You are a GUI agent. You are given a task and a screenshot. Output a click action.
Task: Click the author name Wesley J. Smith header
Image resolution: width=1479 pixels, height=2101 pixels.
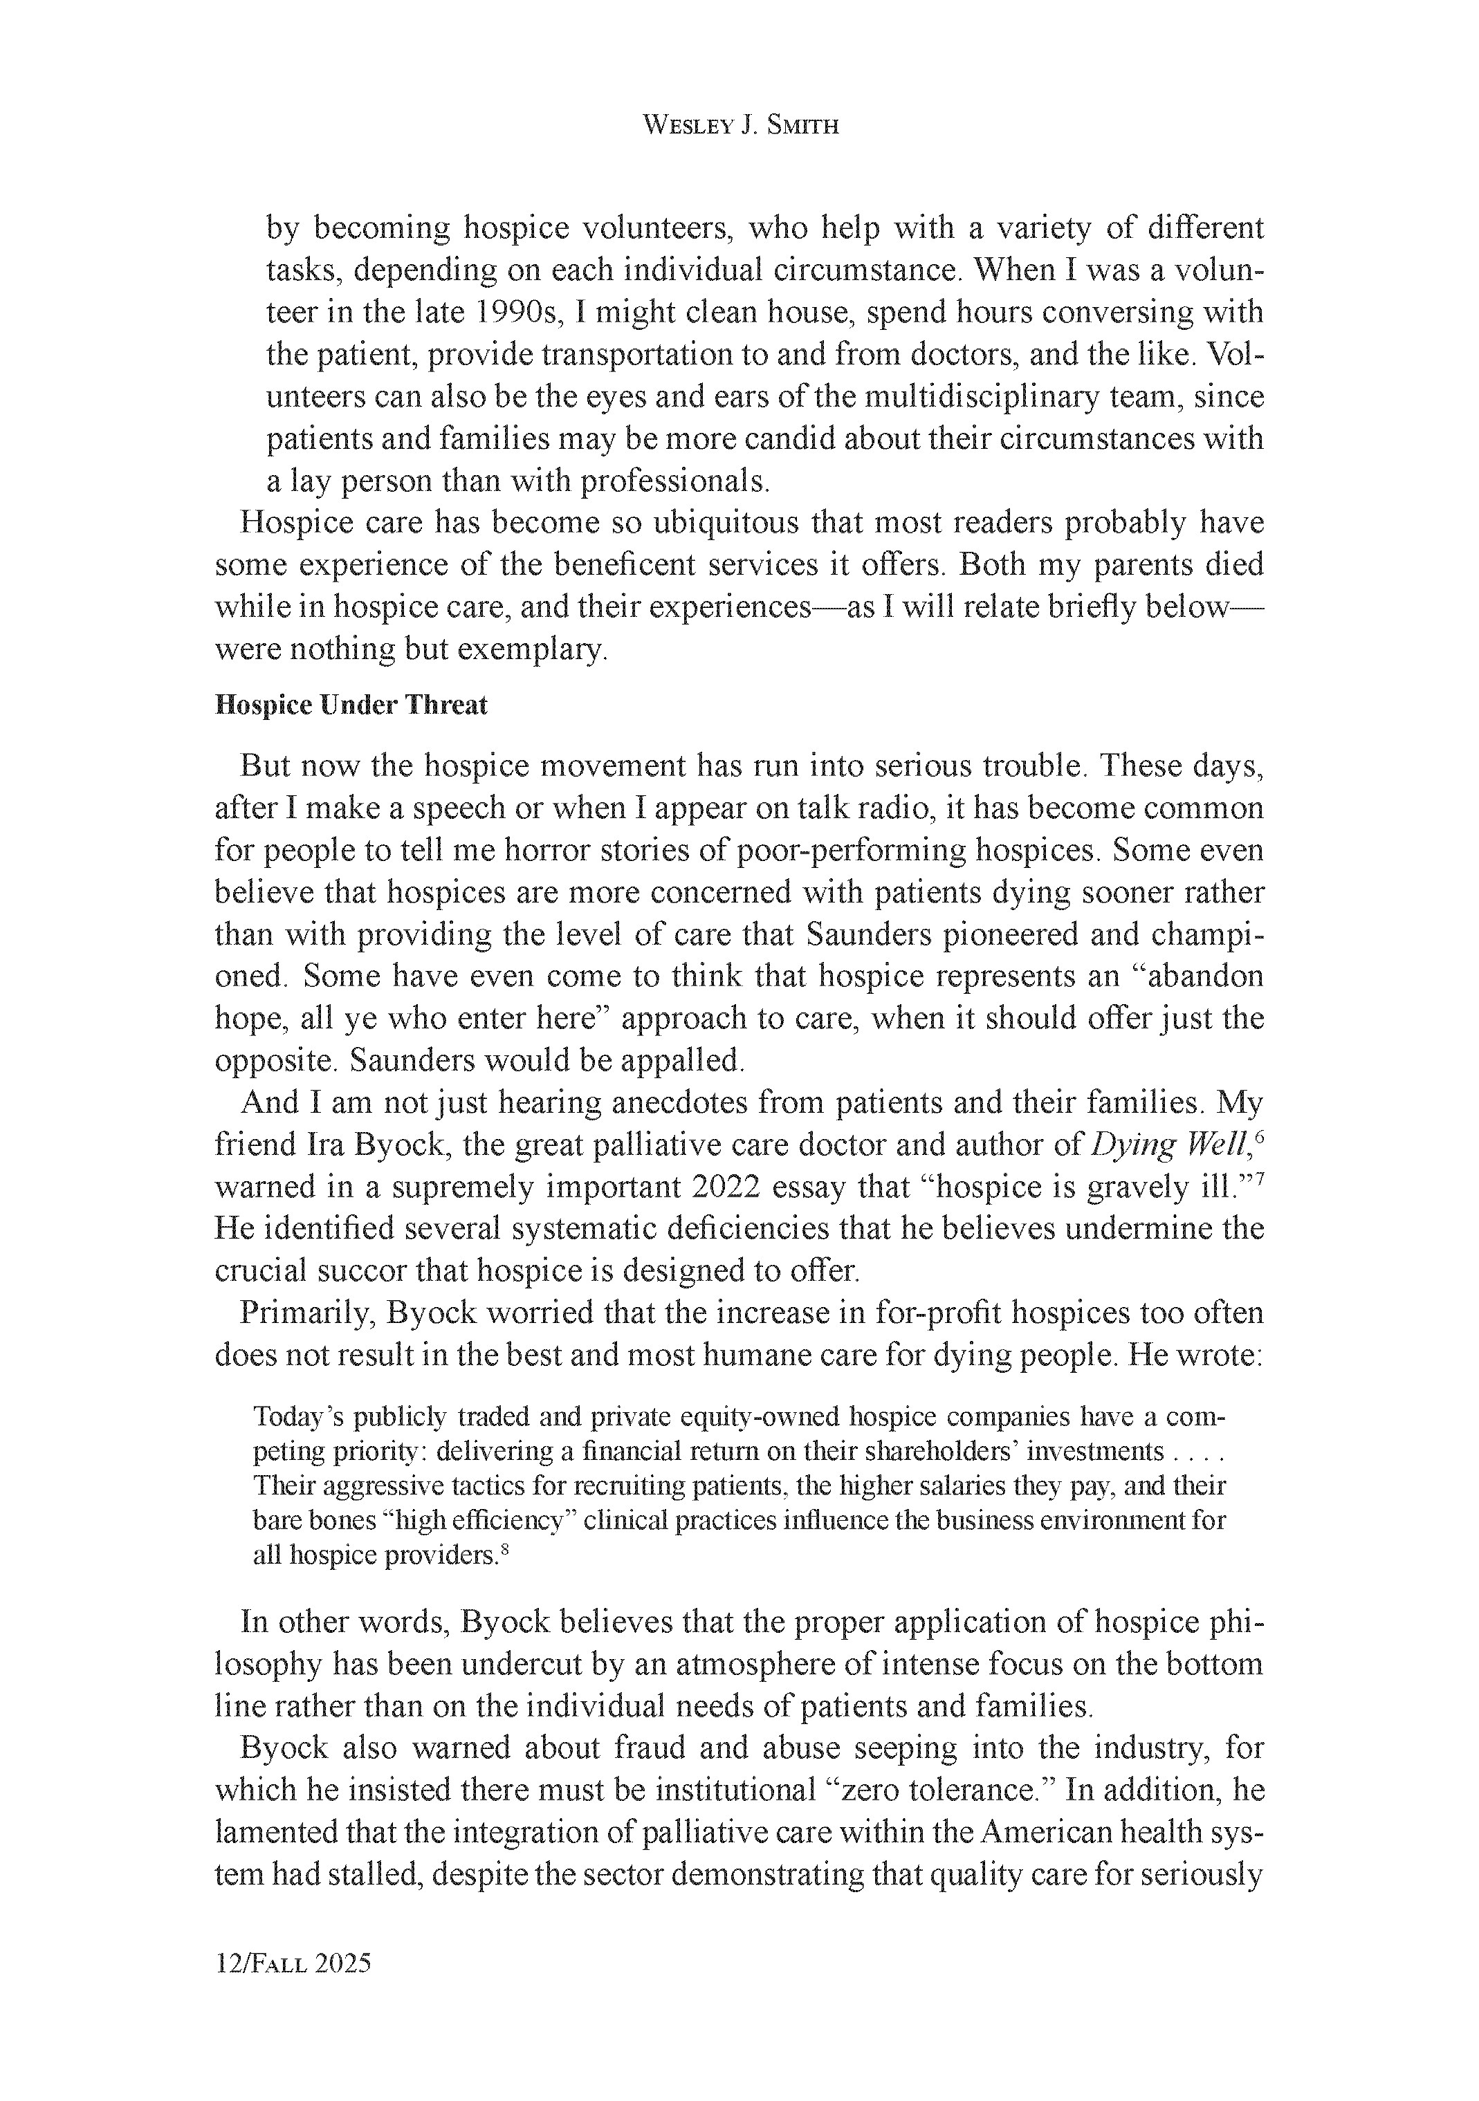(740, 125)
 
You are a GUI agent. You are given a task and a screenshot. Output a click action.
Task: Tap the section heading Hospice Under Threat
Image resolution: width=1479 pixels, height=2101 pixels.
(351, 705)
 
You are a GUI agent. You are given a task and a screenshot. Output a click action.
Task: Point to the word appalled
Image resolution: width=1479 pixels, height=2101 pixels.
(683, 1062)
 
